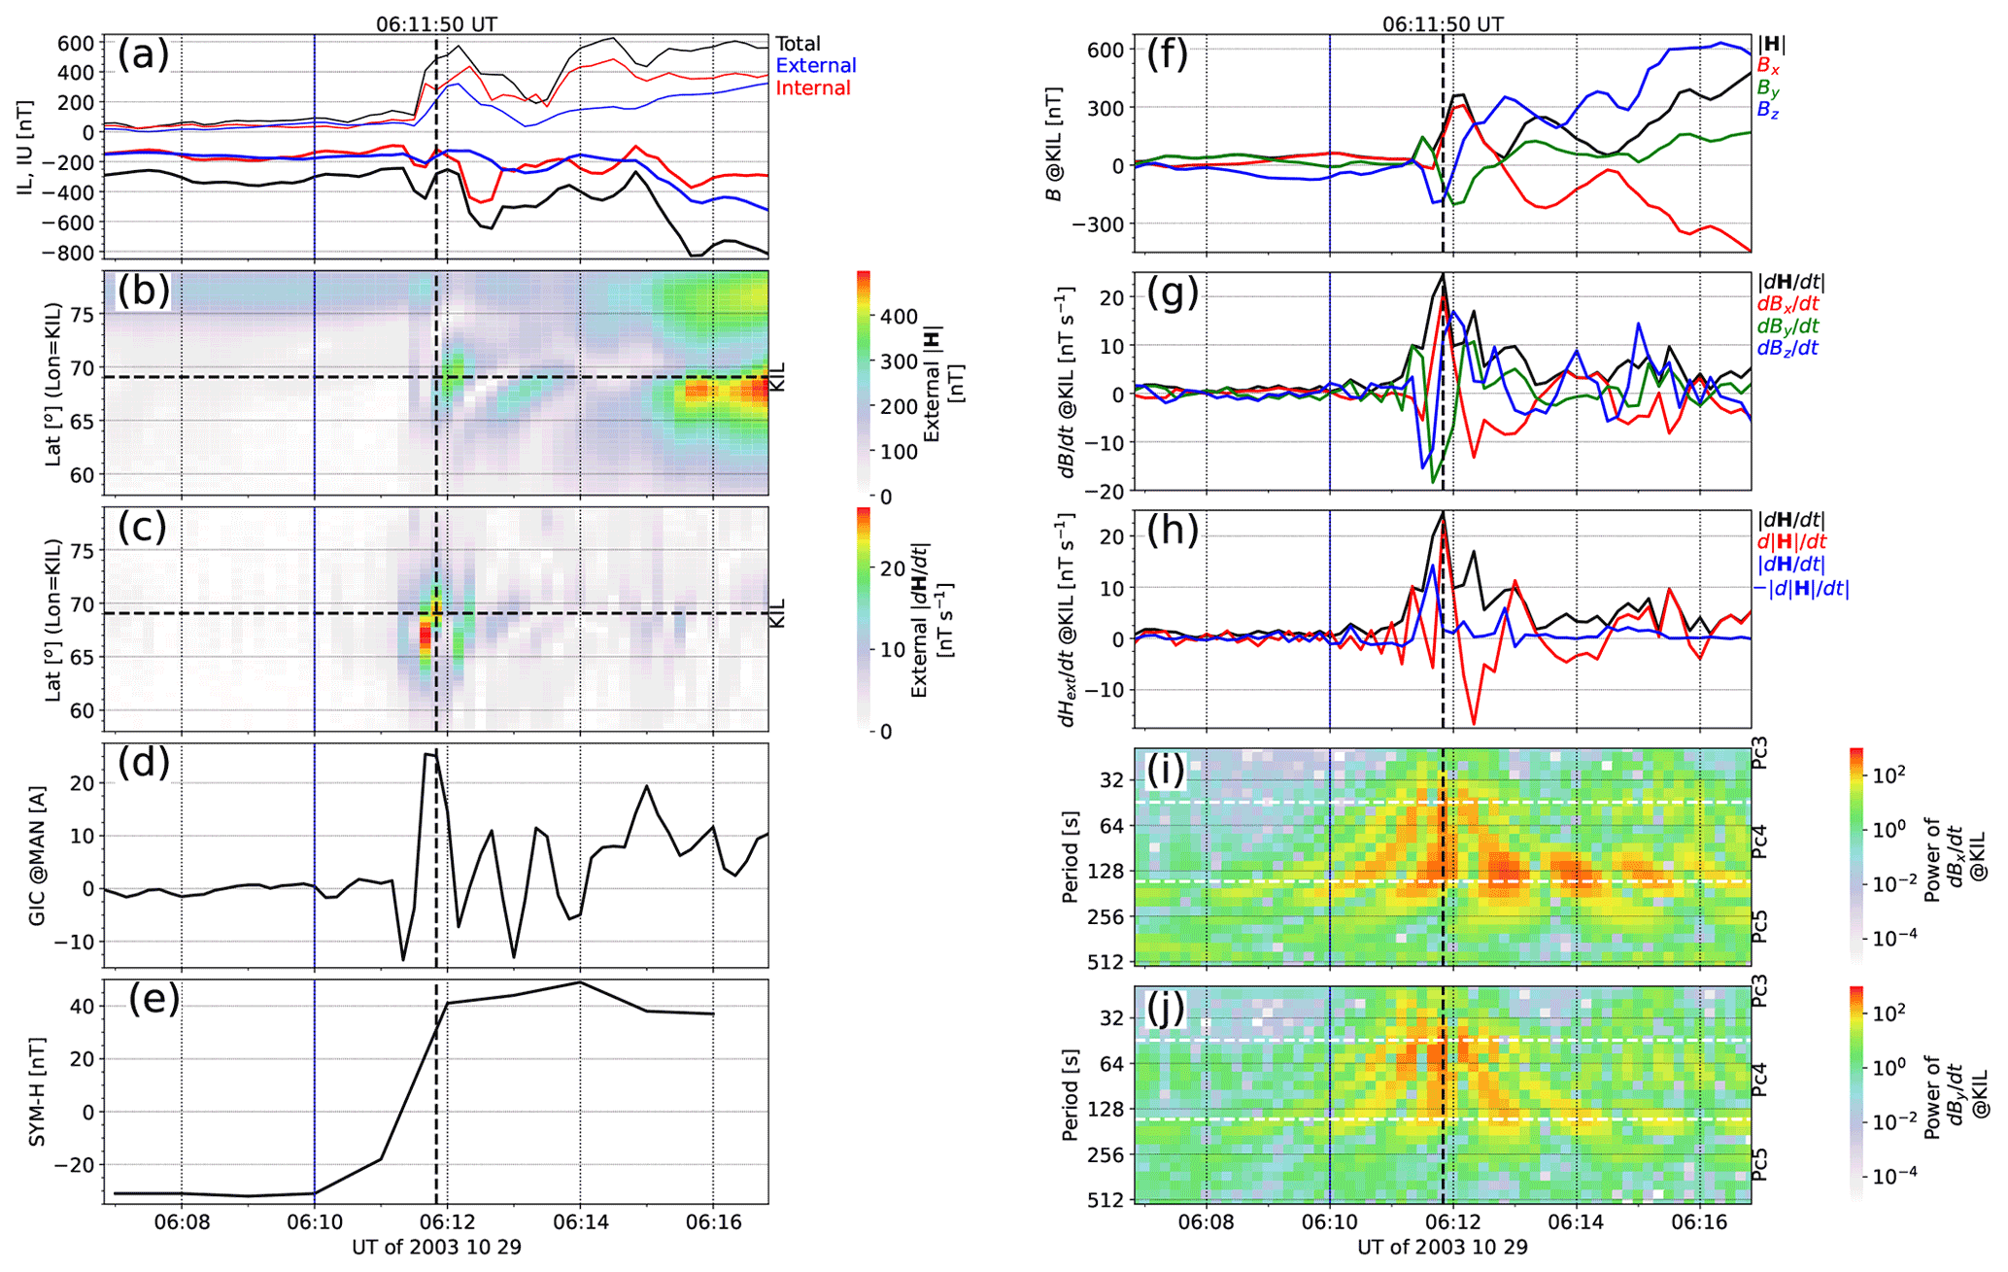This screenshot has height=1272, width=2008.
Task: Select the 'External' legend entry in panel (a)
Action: pos(816,66)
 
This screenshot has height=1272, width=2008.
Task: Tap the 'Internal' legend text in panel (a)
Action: pos(813,88)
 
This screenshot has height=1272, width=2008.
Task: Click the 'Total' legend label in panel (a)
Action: pos(798,44)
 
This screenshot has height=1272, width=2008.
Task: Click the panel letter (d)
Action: pos(144,763)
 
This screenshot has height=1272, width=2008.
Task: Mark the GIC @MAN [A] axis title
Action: pos(37,855)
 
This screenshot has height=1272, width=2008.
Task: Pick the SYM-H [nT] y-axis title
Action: pos(37,1092)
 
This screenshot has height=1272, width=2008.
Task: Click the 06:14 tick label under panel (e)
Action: pos(580,1223)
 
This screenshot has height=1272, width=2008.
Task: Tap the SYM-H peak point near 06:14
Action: pos(580,982)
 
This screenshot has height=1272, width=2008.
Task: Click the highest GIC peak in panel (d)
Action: pos(435,753)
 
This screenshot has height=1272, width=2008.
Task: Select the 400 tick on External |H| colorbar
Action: pos(899,317)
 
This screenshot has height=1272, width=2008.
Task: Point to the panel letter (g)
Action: pos(1173,292)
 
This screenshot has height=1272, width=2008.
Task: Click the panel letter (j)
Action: pos(1167,1008)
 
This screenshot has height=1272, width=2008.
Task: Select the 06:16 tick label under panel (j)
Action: pos(1699,1223)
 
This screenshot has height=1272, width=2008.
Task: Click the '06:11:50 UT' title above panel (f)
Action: pos(1442,24)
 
